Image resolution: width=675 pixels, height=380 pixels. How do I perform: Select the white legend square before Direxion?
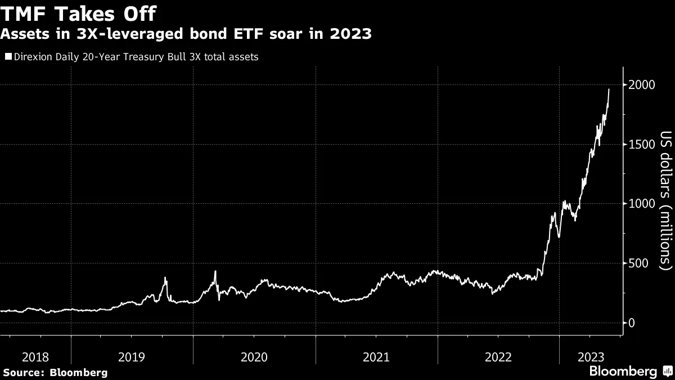[x=8, y=57]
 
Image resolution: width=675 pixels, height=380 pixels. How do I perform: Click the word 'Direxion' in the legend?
[x=33, y=57]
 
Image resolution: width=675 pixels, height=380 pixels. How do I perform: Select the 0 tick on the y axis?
[x=633, y=323]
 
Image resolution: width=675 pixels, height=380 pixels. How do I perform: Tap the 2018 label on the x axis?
[x=35, y=357]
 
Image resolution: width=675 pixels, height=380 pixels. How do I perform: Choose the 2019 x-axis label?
[x=132, y=357]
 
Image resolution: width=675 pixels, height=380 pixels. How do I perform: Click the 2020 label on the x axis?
[x=254, y=357]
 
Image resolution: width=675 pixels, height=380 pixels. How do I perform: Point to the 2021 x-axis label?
[x=377, y=357]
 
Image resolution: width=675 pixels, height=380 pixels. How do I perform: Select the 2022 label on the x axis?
[x=499, y=357]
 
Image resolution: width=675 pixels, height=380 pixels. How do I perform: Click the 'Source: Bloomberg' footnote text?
[x=55, y=372]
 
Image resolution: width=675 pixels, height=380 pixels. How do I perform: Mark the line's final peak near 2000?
[x=609, y=89]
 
